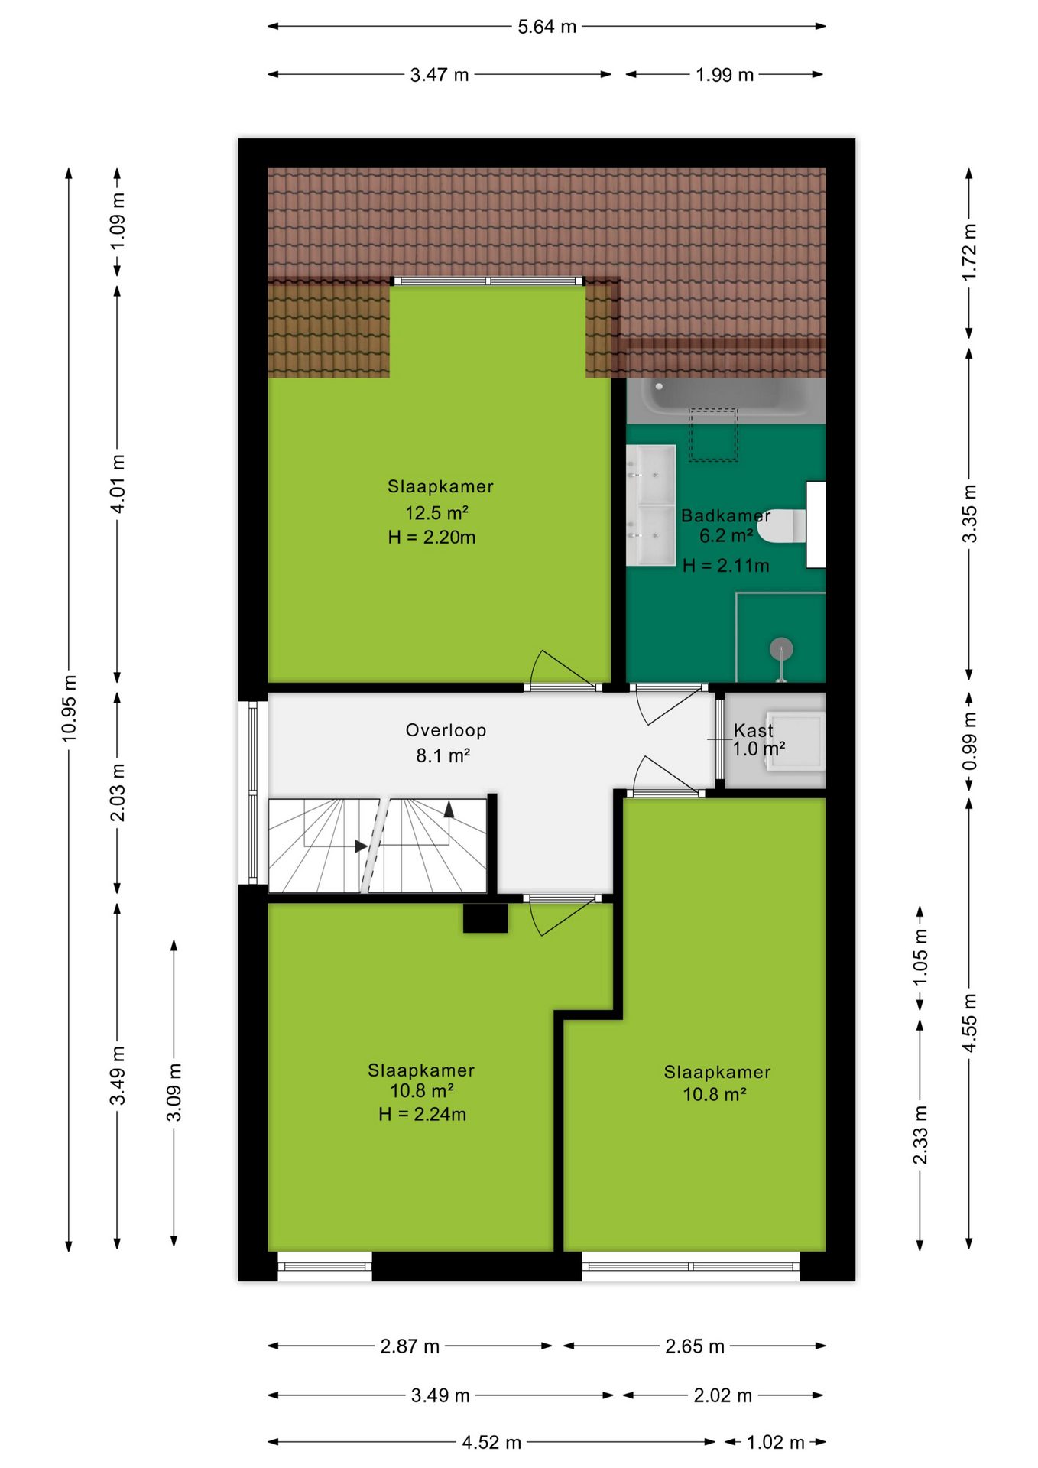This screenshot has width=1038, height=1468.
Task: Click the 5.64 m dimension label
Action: (x=547, y=27)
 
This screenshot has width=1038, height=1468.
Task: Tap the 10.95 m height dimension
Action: (x=69, y=708)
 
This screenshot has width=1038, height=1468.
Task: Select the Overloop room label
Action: (x=446, y=730)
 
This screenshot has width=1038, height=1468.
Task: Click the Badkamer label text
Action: (x=725, y=515)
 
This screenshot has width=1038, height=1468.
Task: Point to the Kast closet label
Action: (x=753, y=730)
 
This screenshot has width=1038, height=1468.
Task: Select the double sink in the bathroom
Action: (x=650, y=505)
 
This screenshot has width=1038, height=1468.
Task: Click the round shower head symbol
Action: (x=781, y=649)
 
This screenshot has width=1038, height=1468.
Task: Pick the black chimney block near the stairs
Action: (x=485, y=917)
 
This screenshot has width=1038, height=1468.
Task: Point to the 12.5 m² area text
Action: (x=436, y=512)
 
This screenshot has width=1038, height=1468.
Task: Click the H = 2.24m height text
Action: (x=422, y=1114)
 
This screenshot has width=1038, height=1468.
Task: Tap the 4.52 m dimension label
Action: (x=491, y=1442)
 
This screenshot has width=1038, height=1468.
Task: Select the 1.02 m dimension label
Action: (x=775, y=1442)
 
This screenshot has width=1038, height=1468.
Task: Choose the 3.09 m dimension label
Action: (x=174, y=1093)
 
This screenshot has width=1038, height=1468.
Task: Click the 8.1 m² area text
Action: (x=443, y=755)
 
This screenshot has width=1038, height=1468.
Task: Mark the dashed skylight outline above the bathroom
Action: (x=713, y=435)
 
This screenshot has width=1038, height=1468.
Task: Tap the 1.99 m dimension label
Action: (x=725, y=75)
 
